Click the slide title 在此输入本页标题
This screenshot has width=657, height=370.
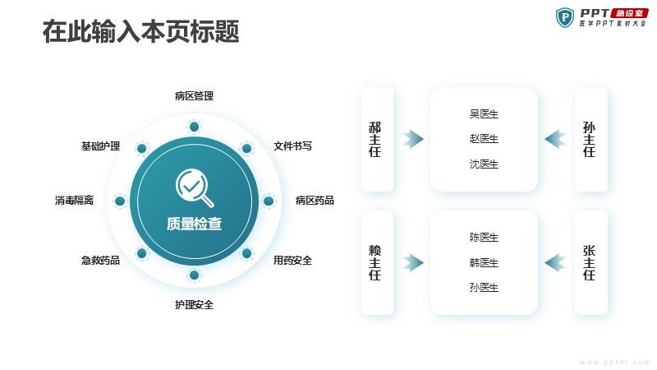[140, 31]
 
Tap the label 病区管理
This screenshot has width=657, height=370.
[194, 96]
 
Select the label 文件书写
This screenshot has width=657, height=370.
[292, 146]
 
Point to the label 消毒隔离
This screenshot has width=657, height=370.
[74, 201]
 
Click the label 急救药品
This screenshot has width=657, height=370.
[100, 261]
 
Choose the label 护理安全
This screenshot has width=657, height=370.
[194, 305]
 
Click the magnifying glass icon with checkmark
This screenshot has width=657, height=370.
[195, 187]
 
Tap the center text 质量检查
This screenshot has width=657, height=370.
[194, 224]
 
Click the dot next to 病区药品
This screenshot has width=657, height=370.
[269, 201]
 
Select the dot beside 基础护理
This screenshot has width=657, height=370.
[141, 148]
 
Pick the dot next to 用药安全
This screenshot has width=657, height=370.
[247, 253]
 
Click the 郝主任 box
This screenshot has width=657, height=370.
[377, 139]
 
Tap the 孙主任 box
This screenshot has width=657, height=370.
[590, 139]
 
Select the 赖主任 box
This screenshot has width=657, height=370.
[377, 262]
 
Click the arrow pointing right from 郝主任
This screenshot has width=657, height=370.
[413, 139]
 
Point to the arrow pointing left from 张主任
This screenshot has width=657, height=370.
[555, 262]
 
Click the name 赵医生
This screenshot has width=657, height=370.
[484, 139]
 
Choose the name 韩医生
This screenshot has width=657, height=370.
[484, 263]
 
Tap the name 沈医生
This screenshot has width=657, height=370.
[484, 164]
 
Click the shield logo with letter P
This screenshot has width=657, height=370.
[565, 17]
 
